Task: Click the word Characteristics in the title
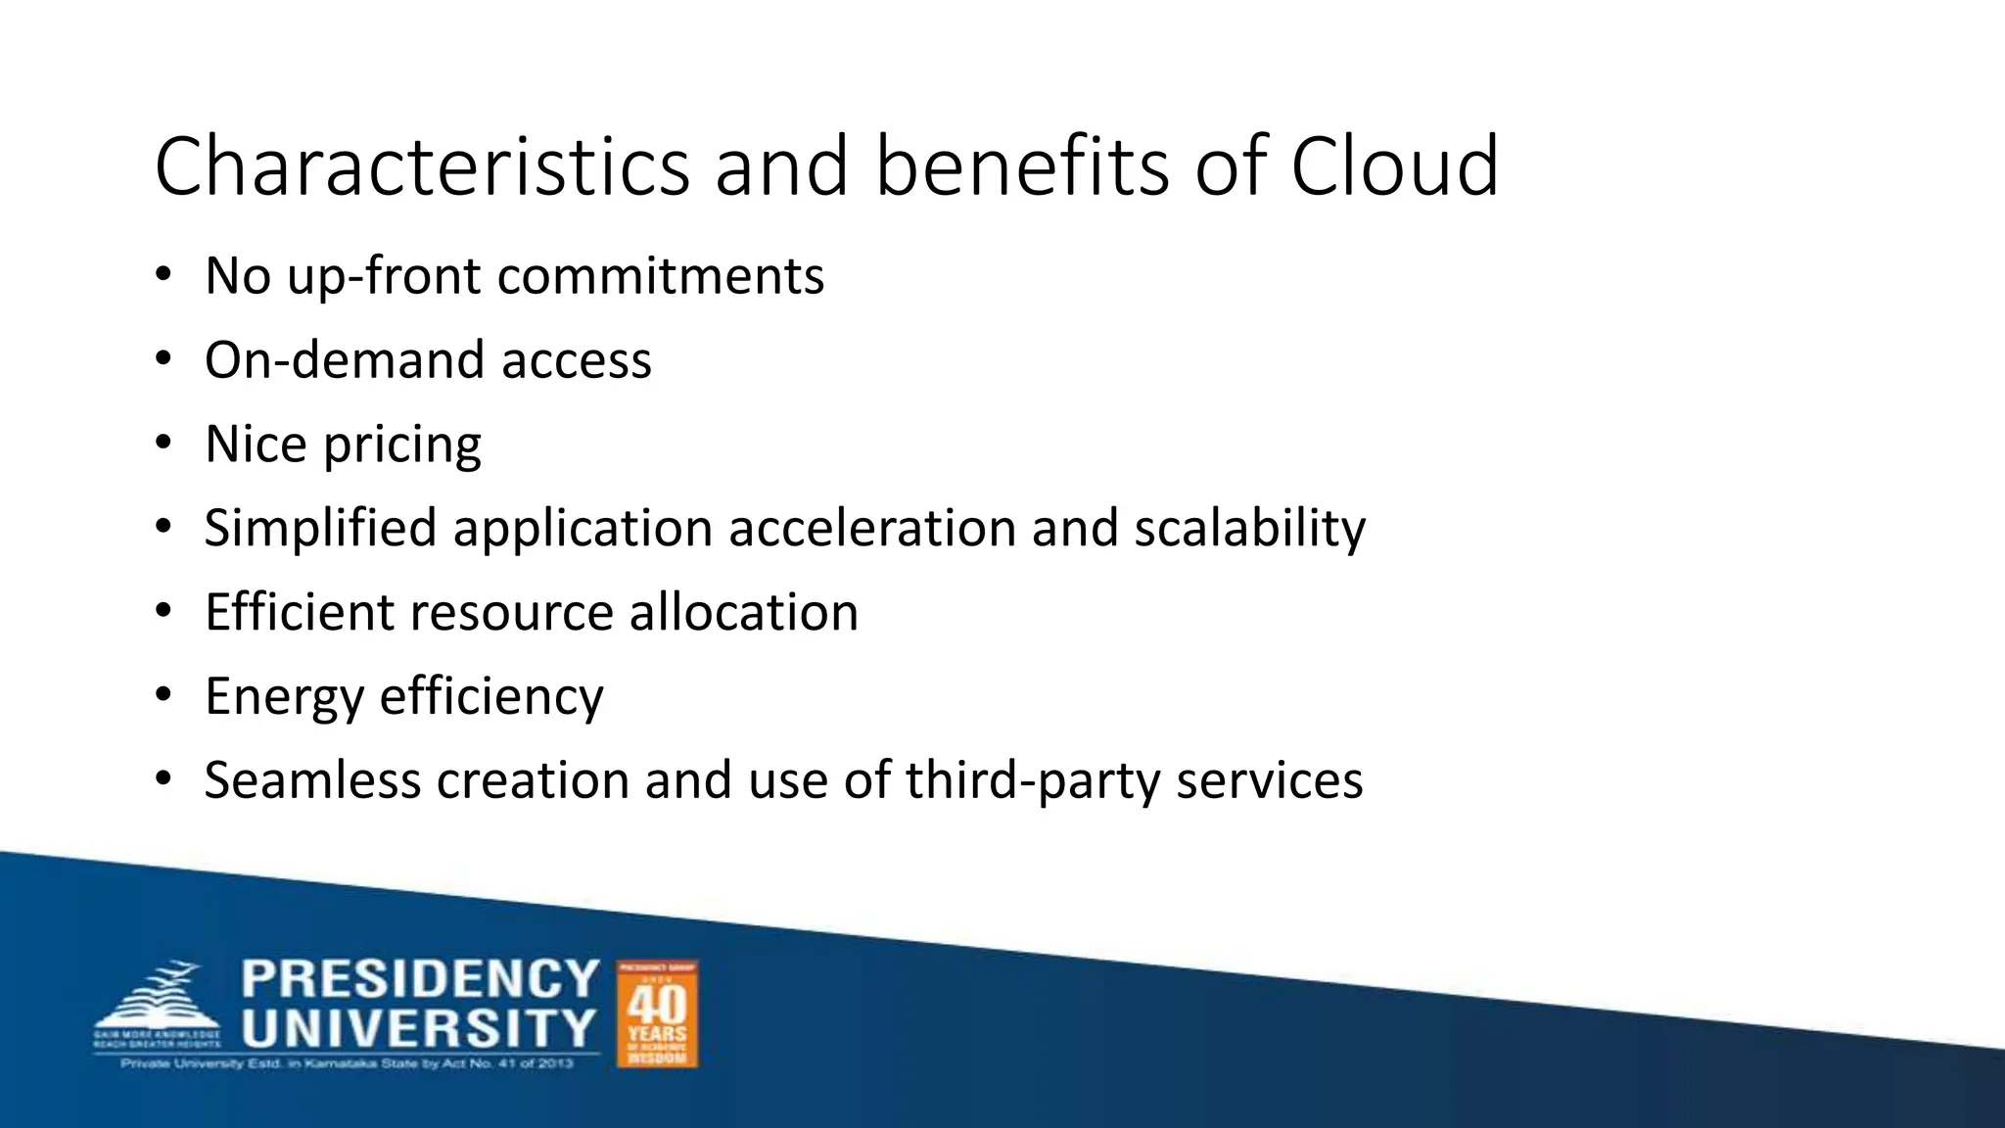tap(422, 166)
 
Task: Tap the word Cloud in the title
tap(1394, 166)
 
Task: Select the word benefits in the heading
tap(1022, 166)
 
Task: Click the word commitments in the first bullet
tap(661, 276)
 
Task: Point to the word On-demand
tap(345, 360)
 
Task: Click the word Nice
tap(256, 445)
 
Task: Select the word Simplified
tap(320, 529)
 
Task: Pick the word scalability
tap(1250, 529)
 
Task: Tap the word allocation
tap(743, 613)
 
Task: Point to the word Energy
tap(284, 698)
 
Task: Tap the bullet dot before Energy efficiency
tap(163, 696)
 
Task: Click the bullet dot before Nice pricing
tap(163, 444)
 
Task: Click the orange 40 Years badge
tap(657, 1013)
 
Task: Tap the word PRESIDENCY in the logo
tap(420, 979)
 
